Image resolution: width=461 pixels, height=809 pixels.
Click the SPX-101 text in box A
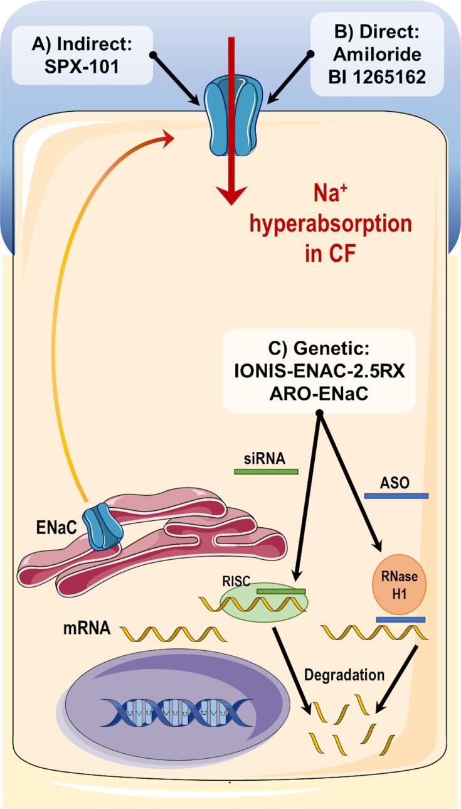[x=82, y=66]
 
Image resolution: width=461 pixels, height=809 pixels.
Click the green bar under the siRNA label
[x=266, y=470]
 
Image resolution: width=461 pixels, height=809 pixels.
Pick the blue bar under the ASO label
[x=396, y=496]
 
